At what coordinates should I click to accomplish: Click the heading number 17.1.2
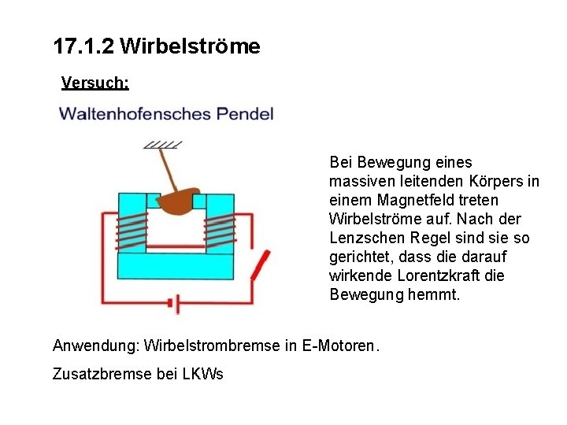pyautogui.click(x=83, y=46)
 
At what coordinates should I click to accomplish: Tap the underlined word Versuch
pyautogui.click(x=94, y=82)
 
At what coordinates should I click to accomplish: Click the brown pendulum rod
pyautogui.click(x=168, y=169)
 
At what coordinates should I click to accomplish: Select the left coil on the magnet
pyautogui.click(x=132, y=230)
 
